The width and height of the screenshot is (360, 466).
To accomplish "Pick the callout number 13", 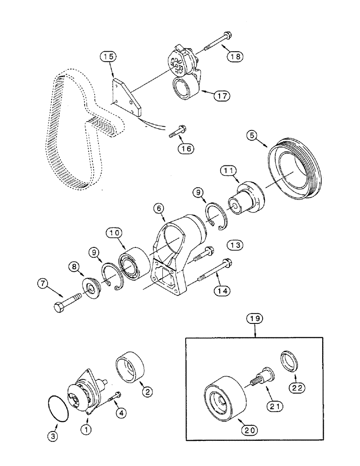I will click(x=235, y=244).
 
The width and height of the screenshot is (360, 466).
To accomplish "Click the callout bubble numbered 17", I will click(x=222, y=97).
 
